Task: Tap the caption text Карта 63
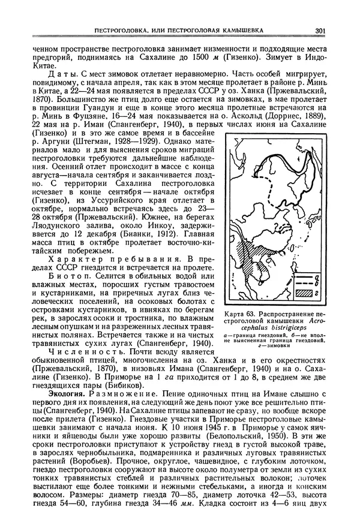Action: [x=239, y=314]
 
